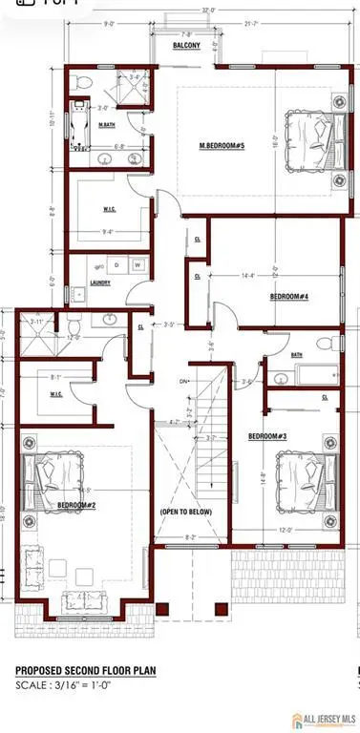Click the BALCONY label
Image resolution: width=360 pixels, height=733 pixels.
[185, 45]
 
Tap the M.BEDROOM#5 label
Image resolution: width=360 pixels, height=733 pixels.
[222, 145]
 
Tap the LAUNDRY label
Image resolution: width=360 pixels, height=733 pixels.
[100, 283]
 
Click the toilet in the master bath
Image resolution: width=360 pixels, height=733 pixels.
[82, 80]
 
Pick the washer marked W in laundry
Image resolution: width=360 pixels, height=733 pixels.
[138, 264]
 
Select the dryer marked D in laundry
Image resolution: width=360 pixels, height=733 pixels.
[116, 264]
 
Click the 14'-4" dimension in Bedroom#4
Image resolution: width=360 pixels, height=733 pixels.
[247, 276]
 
